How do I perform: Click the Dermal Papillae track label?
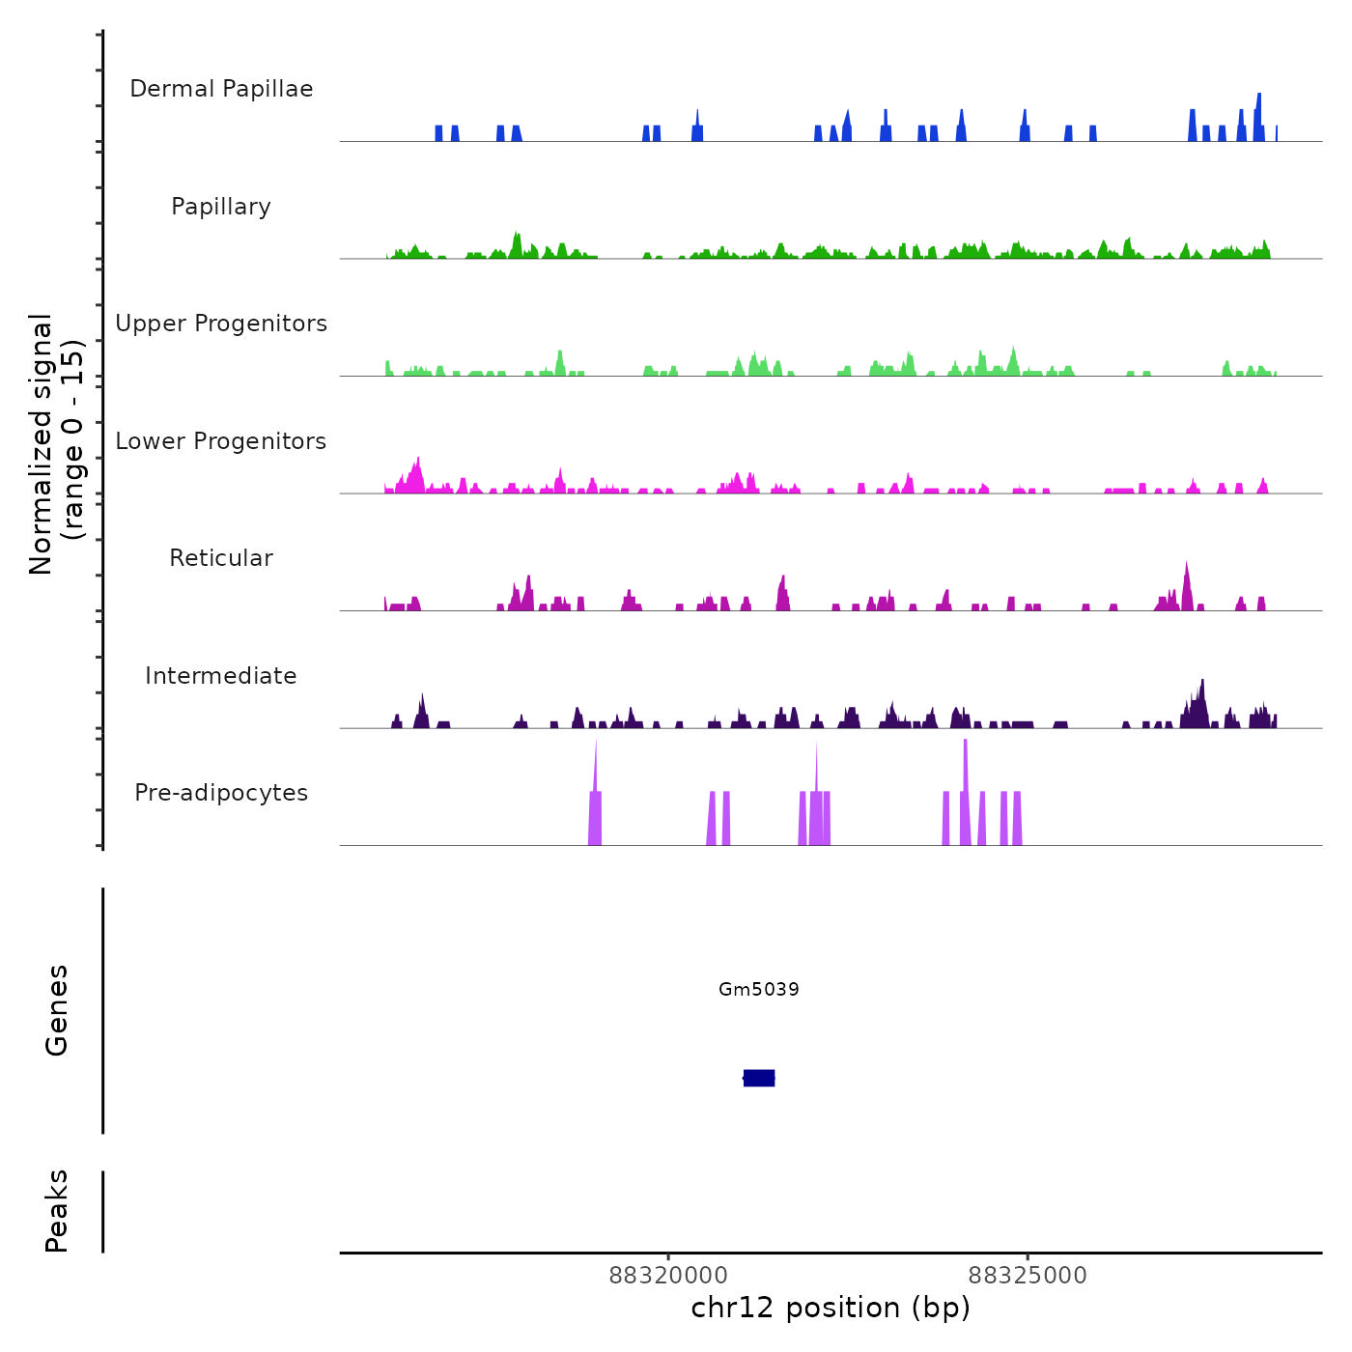pyautogui.click(x=221, y=89)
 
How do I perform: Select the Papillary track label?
pyautogui.click(x=221, y=207)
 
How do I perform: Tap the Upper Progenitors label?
pyautogui.click(x=221, y=324)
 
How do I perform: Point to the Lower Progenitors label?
pyautogui.click(x=221, y=441)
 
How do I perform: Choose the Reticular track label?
pyautogui.click(x=221, y=558)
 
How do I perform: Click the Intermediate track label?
pyautogui.click(x=221, y=676)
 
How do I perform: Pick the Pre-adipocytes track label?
pyautogui.click(x=221, y=793)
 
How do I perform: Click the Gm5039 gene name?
pyautogui.click(x=759, y=989)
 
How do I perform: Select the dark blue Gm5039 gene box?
pyautogui.click(x=759, y=1078)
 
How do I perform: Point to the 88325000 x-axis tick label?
pyautogui.click(x=1028, y=1276)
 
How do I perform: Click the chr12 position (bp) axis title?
pyautogui.click(x=831, y=1308)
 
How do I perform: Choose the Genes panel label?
pyautogui.click(x=57, y=1009)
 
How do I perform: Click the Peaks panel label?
pyautogui.click(x=57, y=1211)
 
